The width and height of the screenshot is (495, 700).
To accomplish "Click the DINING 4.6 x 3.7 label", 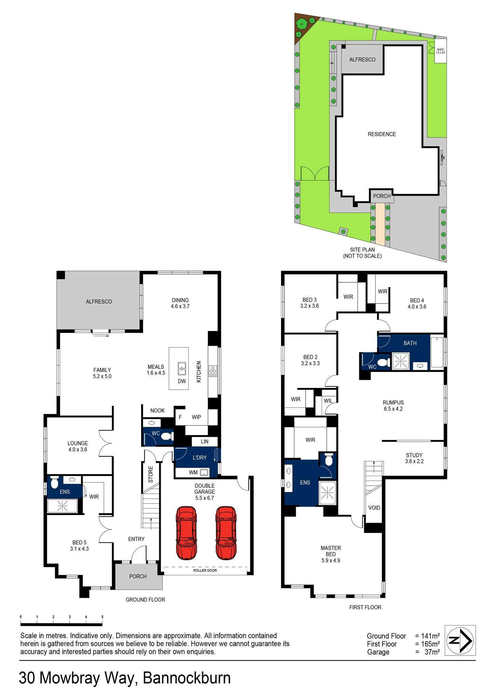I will (x=180, y=303).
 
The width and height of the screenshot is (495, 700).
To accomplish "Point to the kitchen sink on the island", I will (x=182, y=369).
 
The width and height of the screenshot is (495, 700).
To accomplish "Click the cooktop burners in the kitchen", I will (x=213, y=371).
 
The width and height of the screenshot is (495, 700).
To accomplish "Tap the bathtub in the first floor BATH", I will (x=437, y=352).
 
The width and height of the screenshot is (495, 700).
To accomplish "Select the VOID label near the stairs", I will (x=374, y=508).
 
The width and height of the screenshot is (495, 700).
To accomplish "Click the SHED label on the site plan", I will (x=440, y=51).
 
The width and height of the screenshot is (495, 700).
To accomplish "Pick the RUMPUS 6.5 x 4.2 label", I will (x=393, y=405).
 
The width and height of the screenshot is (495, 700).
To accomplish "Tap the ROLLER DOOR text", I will (x=205, y=570).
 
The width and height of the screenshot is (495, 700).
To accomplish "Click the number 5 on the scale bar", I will (x=102, y=617).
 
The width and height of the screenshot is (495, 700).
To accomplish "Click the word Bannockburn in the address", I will (x=187, y=678).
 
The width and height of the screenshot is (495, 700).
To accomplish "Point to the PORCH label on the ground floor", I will (x=138, y=576).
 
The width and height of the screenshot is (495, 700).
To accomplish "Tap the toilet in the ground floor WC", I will (x=166, y=436).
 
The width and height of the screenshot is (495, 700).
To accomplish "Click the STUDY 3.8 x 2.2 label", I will (x=414, y=458).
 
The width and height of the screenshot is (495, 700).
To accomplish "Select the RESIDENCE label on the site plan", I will (x=382, y=134).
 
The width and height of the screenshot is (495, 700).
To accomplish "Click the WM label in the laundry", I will (x=193, y=473).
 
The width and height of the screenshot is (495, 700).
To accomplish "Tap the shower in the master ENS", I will (x=327, y=493).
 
